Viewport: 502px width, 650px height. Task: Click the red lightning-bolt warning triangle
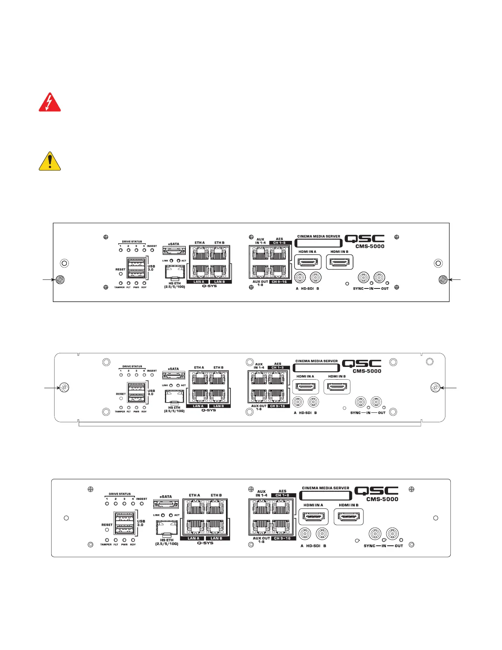coord(50,103)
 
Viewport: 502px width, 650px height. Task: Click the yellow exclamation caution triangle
coord(50,161)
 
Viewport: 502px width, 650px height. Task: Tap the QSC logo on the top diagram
coord(365,239)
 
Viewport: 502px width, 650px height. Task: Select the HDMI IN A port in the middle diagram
coord(305,387)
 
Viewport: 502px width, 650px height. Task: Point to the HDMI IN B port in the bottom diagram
coord(349,517)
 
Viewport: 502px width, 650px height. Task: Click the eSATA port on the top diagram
coord(174,250)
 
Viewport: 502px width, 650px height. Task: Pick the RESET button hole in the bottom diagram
coord(107,530)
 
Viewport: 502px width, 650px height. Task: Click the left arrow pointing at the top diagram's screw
coord(48,280)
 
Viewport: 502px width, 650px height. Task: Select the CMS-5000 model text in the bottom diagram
coord(382,499)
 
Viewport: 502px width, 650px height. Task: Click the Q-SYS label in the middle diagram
coord(209,410)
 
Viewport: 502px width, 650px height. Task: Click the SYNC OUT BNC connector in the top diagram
coord(379,278)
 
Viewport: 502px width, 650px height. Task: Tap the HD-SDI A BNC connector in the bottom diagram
coord(304,534)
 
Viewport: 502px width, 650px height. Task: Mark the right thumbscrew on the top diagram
coord(443,280)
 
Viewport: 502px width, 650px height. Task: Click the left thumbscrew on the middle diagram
coord(64,387)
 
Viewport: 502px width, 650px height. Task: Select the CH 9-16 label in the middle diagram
coord(278,406)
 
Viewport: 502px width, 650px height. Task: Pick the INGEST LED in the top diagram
coord(152,250)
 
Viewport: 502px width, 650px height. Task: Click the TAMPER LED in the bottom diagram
coord(107,540)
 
